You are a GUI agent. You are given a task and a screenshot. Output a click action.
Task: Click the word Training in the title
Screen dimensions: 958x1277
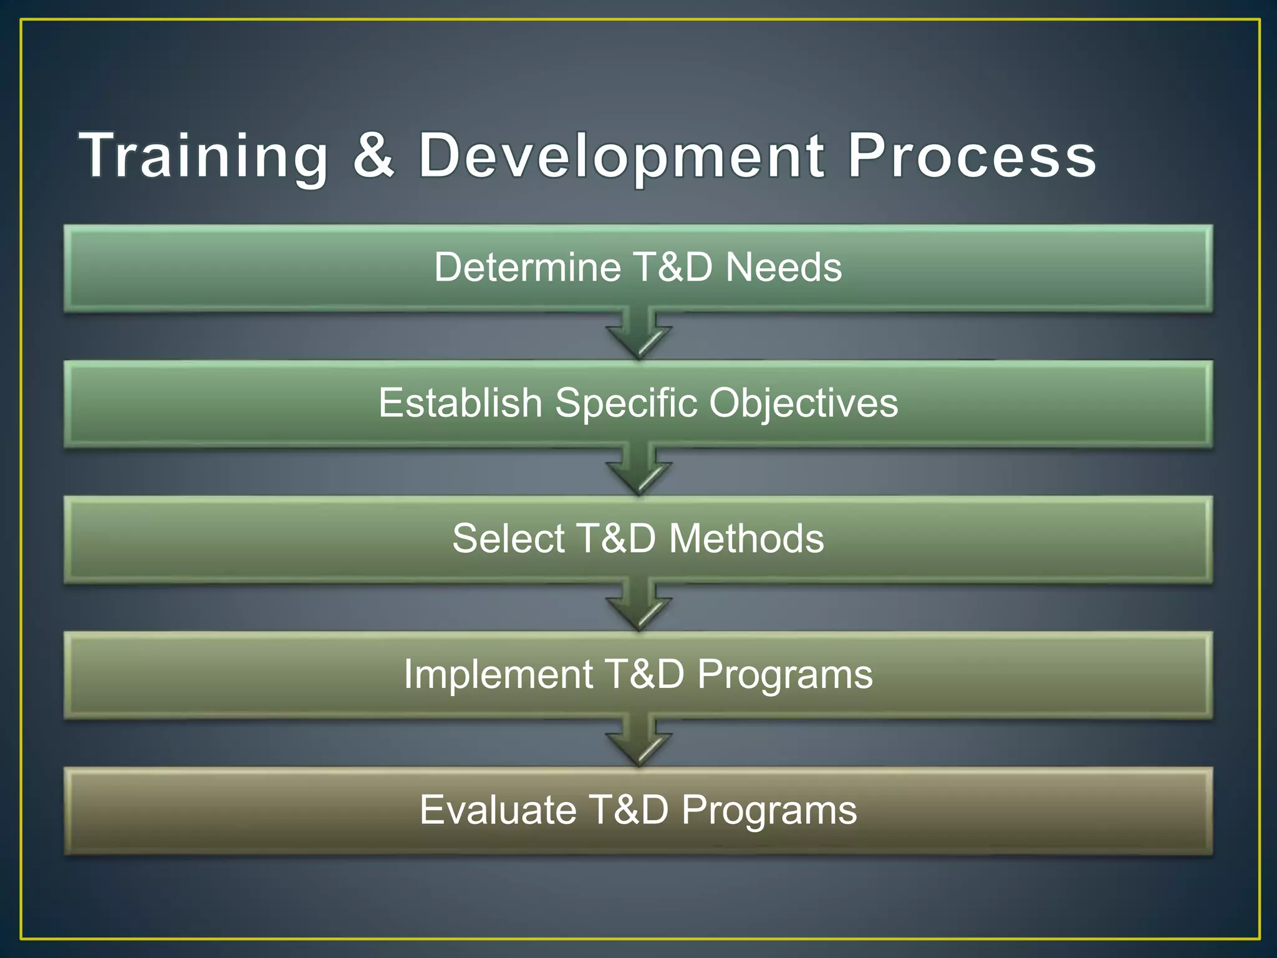point(203,156)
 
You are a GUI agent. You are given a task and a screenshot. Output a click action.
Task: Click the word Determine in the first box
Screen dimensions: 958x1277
point(527,268)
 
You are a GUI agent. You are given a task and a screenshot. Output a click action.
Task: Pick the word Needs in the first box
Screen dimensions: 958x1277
point(784,268)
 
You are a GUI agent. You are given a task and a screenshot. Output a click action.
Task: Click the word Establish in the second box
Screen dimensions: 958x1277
point(460,403)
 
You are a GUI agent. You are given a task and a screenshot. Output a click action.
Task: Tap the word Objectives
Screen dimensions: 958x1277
point(804,404)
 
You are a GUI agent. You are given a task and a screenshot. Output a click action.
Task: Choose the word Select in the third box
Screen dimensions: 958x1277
point(508,539)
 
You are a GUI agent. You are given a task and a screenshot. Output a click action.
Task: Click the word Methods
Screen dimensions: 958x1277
point(746,539)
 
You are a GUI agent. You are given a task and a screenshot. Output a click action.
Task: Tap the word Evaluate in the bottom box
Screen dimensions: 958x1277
point(497,810)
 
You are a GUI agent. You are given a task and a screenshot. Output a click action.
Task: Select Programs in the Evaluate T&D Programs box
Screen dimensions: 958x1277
point(769,811)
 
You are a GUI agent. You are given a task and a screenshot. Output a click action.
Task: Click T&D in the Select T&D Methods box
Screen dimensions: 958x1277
point(617,539)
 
